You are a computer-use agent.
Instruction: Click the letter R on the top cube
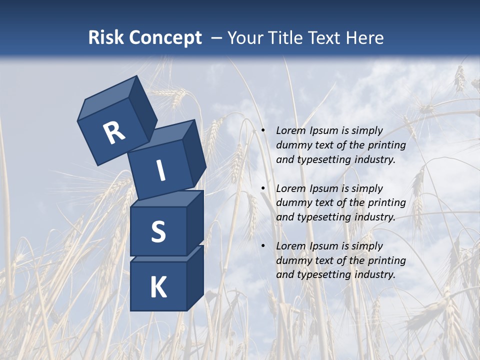(114, 132)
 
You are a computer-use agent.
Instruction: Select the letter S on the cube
(158, 231)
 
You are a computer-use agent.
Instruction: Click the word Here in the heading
(366, 37)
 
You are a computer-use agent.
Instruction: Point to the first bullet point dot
(263, 131)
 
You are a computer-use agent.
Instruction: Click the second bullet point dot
(263, 188)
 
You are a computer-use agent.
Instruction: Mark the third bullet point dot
(263, 246)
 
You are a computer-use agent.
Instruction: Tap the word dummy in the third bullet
(293, 260)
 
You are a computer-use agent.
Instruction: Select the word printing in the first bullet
(386, 145)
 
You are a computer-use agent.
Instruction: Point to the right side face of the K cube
(195, 277)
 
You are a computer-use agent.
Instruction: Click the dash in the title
(217, 37)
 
